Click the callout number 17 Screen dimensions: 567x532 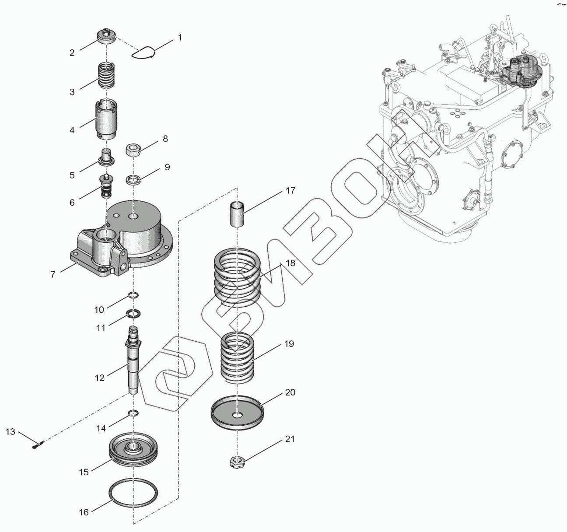click(290, 191)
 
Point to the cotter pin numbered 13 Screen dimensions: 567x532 click(38, 445)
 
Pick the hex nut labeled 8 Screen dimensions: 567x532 click(133, 150)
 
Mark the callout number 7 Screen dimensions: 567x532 click(53, 275)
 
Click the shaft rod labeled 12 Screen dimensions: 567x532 click(133, 359)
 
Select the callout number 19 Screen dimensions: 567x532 click(289, 344)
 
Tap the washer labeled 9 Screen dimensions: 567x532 click(133, 179)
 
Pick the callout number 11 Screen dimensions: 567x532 click(101, 328)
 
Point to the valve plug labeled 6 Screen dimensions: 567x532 click(106, 186)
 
